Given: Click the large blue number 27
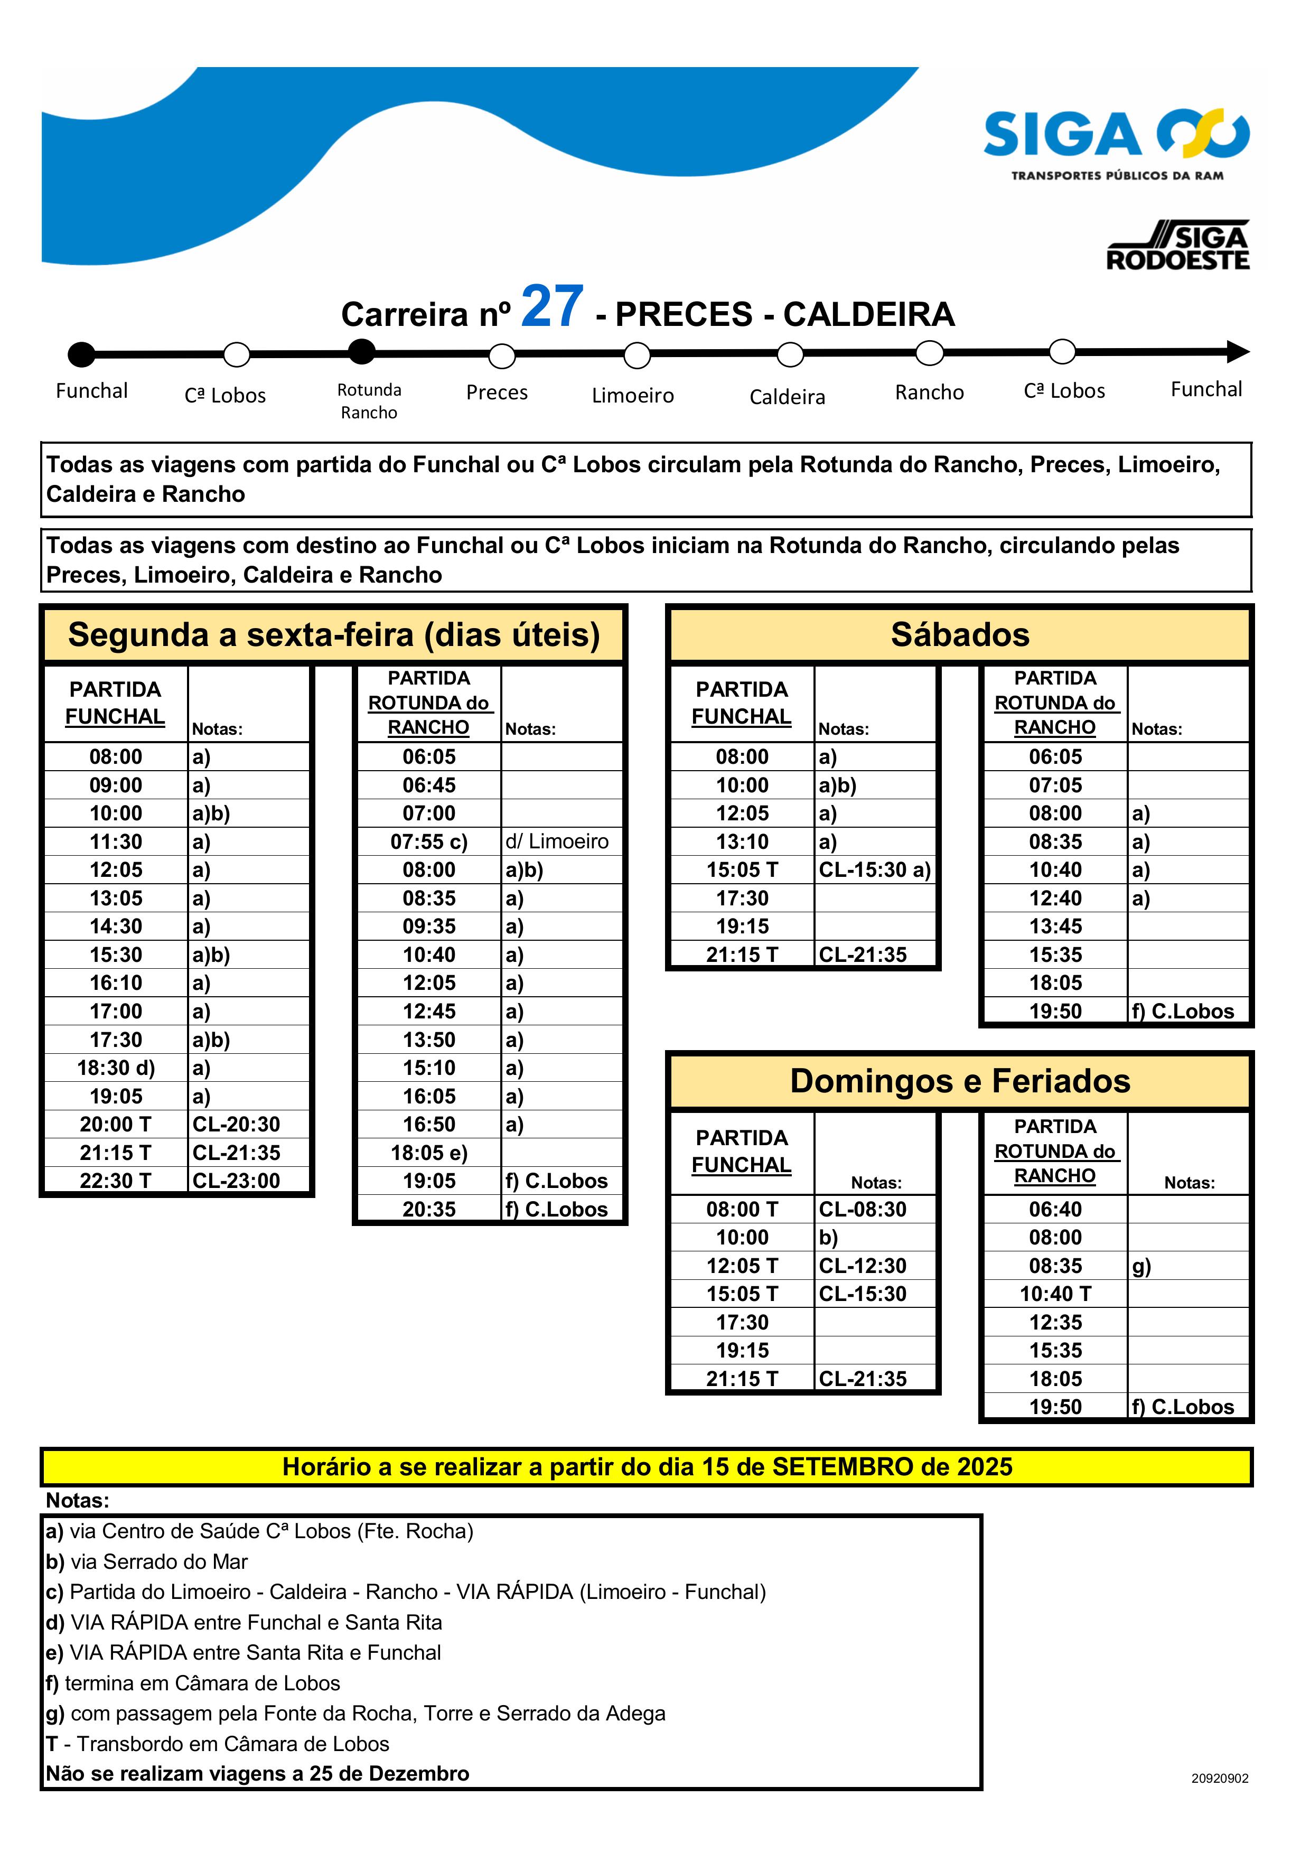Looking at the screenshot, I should tap(552, 307).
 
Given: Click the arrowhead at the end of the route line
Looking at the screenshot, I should tap(1237, 351).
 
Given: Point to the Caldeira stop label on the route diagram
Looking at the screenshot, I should tap(787, 397).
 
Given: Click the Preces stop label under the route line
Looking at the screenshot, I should tap(497, 392).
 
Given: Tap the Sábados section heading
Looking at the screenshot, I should tap(960, 635).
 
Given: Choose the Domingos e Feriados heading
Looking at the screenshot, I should tap(960, 1081).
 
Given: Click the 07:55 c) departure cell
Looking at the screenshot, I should tap(428, 842).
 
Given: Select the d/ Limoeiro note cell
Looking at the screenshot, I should tap(557, 842).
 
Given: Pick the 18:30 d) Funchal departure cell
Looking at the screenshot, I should tap(116, 1068).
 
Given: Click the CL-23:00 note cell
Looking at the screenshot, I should tap(236, 1181).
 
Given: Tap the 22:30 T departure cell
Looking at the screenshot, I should tap(116, 1181).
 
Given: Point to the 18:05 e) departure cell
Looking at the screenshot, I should tap(428, 1153).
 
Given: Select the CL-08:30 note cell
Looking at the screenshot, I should tap(862, 1209).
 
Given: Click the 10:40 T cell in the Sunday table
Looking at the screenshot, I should tap(1055, 1294).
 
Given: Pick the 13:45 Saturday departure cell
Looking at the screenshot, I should tap(1055, 926).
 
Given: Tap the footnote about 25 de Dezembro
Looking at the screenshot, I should tap(257, 1773).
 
